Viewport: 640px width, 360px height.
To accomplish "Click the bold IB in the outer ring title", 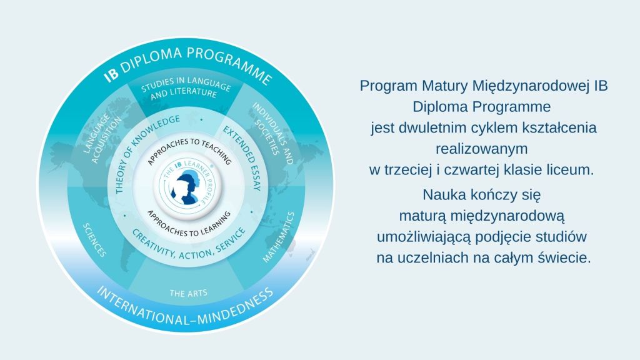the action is pos(111,74).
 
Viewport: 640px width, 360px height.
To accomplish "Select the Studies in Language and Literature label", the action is pos(185,87).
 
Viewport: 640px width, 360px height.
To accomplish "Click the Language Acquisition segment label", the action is pos(102,139).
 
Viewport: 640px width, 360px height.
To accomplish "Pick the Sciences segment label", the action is pos(94,239).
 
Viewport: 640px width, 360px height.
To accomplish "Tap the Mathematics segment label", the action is pos(279,237).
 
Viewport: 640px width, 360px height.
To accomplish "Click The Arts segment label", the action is pos(189,293).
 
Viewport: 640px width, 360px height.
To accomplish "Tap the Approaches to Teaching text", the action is pos(189,150).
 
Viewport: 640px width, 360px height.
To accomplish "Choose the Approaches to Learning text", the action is pos(189,224).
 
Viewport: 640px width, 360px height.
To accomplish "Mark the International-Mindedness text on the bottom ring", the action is pos(185,307).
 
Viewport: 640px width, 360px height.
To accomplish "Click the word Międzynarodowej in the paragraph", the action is pos(531,86).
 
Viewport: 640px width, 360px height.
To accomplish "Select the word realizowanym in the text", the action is pos(482,148).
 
